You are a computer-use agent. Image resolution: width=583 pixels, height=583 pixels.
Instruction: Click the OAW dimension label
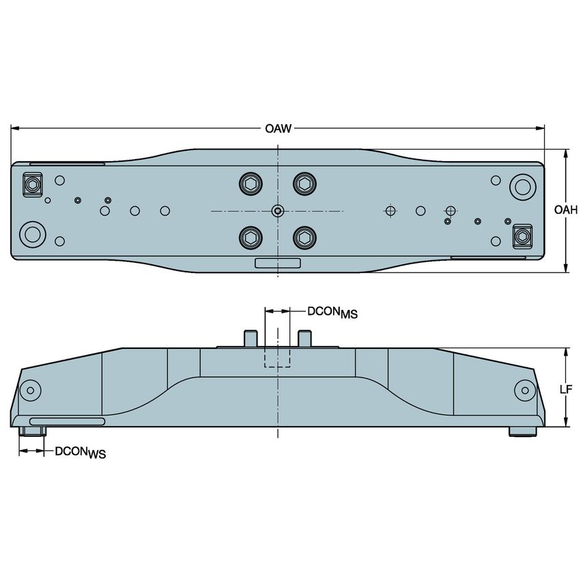(278, 128)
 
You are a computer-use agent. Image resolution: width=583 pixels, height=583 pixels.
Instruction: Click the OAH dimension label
(566, 210)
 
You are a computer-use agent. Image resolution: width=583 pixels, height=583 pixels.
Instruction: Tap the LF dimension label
(565, 389)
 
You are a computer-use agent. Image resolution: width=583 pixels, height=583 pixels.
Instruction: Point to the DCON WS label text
(80, 451)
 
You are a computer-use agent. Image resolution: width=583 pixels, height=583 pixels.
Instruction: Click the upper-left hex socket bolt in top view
(251, 183)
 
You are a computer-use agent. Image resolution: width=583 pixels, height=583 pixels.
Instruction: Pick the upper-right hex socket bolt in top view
(304, 183)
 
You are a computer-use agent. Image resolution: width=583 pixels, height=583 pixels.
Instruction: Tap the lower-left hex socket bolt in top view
(251, 237)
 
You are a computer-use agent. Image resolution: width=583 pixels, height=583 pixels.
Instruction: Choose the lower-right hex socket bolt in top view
(304, 237)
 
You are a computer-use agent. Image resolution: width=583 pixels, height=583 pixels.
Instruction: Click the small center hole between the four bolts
(277, 210)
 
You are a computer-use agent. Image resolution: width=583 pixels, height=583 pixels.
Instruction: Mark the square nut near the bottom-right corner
(522, 236)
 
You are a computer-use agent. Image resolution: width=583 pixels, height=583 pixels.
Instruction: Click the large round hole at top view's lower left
(31, 233)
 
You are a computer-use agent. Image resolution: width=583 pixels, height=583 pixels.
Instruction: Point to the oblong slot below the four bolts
(277, 264)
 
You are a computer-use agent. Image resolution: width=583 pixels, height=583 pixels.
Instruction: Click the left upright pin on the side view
(251, 337)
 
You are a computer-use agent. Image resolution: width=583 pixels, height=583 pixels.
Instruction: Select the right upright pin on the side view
(304, 337)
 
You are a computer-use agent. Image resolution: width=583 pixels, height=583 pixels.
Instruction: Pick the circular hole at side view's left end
(29, 391)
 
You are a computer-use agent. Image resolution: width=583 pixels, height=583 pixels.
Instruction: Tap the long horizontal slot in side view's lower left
(67, 421)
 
